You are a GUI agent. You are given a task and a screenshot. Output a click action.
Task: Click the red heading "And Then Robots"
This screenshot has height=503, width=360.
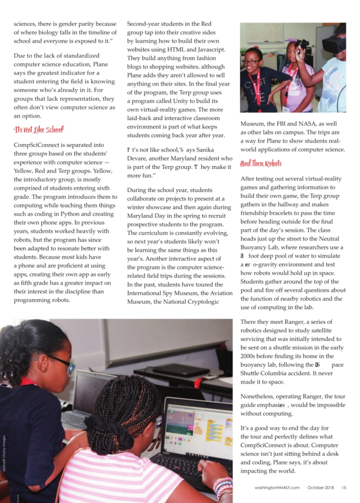[262, 164]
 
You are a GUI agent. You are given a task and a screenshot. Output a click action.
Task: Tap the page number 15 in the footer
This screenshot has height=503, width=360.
[343, 487]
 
